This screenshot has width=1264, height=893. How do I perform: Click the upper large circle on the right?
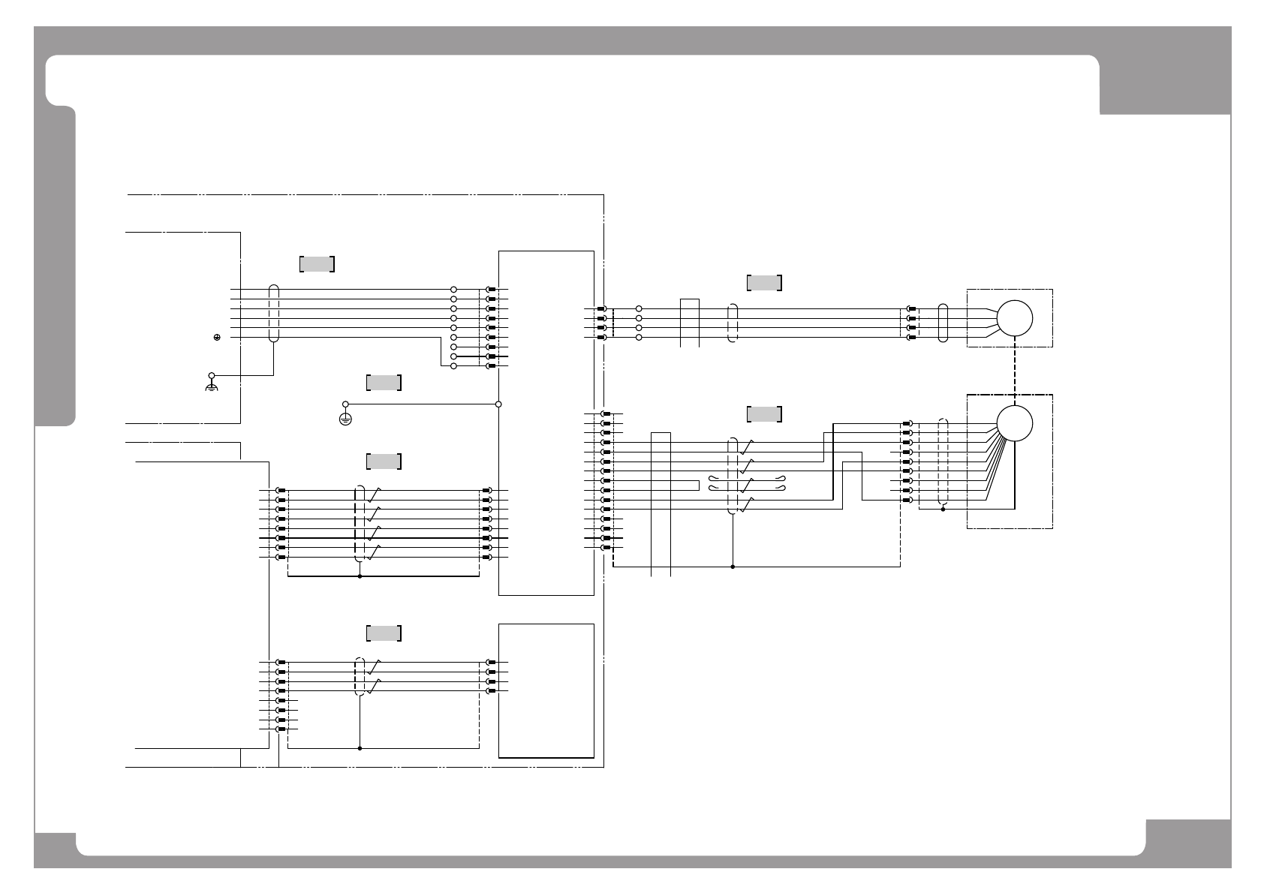[x=1014, y=318]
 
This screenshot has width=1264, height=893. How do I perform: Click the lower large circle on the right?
[x=1014, y=423]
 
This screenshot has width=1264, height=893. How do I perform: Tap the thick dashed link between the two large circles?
[x=1014, y=371]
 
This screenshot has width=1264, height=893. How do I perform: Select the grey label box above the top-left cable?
[x=317, y=263]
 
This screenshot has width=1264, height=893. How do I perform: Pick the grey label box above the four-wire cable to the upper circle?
[x=764, y=282]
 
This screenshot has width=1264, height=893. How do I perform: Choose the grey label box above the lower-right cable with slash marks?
[x=764, y=414]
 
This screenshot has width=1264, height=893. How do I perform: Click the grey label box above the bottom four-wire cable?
[x=384, y=633]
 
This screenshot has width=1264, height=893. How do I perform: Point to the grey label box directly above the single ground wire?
[x=384, y=383]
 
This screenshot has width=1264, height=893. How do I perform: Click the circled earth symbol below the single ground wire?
[x=345, y=419]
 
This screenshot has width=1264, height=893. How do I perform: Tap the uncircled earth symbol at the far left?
[x=212, y=387]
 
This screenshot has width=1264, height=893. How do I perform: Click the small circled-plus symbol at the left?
[x=216, y=338]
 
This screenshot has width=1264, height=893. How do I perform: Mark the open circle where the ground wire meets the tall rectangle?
[x=498, y=404]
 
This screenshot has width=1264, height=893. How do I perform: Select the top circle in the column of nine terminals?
[x=453, y=289]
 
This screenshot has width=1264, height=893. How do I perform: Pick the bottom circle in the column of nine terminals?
[x=453, y=366]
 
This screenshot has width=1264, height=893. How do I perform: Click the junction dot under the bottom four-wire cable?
[x=360, y=748]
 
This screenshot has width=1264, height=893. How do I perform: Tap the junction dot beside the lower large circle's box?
[x=943, y=510]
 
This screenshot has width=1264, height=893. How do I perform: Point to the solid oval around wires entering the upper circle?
[x=943, y=323]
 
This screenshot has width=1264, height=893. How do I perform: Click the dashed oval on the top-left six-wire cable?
[x=274, y=314]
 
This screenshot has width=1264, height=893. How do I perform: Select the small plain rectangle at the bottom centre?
[x=546, y=690]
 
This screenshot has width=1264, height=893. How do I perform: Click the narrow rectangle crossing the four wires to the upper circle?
[x=690, y=323]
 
